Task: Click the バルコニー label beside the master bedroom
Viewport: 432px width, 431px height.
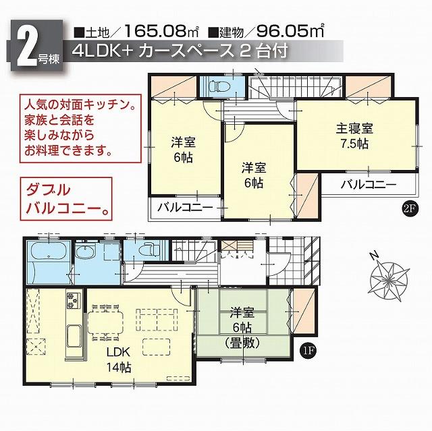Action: click(367, 183)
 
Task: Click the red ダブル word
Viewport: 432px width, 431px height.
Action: click(46, 190)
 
